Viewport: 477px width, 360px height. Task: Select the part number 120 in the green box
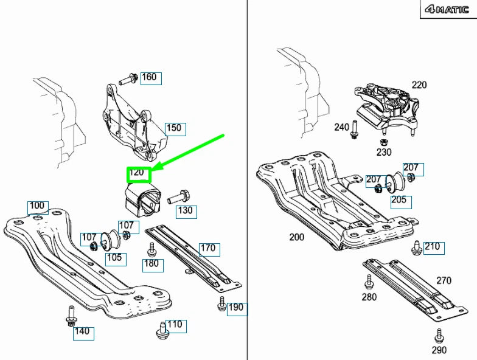(138, 173)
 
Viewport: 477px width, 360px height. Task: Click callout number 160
(149, 77)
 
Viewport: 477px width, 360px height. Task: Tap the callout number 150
(174, 128)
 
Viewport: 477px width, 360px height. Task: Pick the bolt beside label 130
(177, 197)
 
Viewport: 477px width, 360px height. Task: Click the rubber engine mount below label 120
(141, 201)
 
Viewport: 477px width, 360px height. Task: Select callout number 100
(37, 207)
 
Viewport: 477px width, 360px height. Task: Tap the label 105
(114, 257)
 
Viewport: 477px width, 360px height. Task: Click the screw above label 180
(152, 249)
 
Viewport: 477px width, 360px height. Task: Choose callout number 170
(208, 249)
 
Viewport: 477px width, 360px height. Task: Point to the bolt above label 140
(69, 316)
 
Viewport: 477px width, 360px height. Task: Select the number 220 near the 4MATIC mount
(419, 85)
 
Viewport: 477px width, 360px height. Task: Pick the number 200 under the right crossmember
(296, 237)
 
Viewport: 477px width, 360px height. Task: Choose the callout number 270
(444, 280)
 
